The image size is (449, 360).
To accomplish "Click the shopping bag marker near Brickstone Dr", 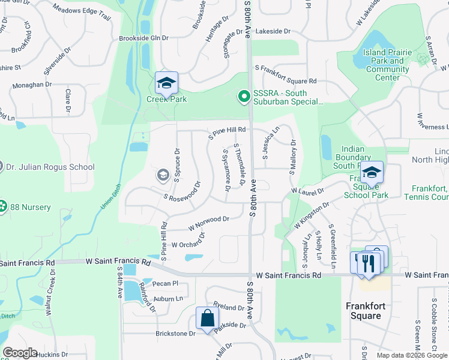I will pyautogui.click(x=207, y=319).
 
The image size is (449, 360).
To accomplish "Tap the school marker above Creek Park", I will pyautogui.click(x=166, y=83).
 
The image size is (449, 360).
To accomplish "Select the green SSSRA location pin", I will pyautogui.click(x=244, y=96).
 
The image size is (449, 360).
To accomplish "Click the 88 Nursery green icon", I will pyautogui.click(x=3, y=207).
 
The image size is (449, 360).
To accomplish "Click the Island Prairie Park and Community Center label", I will pyautogui.click(x=387, y=65).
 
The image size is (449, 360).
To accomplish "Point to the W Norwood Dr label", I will pyautogui.click(x=208, y=223).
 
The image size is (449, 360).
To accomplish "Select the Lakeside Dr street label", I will pyautogui.click(x=273, y=31).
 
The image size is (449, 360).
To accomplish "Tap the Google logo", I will pyautogui.click(x=19, y=353).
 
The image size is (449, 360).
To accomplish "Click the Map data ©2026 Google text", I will pyautogui.click(x=411, y=355).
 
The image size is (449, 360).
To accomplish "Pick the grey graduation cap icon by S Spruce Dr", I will pyautogui.click(x=162, y=175).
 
